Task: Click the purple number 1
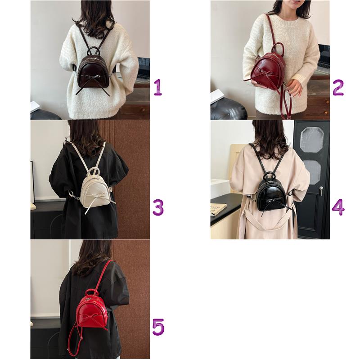pos(157,87)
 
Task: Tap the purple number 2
pos(338,87)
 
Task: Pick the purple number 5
pos(157,327)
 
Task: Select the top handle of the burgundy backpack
pos(277,47)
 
